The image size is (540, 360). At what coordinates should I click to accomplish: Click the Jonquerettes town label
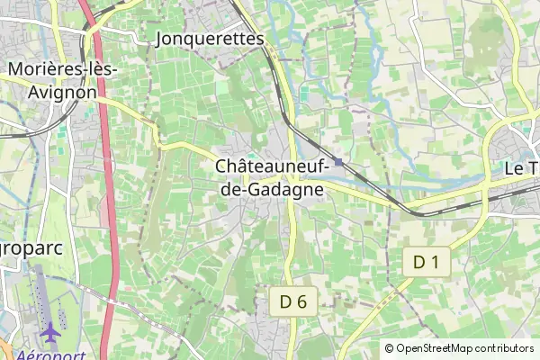coord(210,39)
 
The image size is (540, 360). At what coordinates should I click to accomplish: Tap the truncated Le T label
coord(519,168)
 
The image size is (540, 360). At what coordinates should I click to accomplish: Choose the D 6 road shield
coord(293,302)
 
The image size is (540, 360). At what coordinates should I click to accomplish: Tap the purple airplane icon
coord(50,332)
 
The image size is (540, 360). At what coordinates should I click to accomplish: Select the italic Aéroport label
coord(45,355)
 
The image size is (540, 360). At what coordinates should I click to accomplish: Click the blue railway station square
coord(337,162)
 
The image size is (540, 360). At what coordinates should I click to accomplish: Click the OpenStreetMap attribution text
coord(464,348)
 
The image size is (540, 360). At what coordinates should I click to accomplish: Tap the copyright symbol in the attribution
coord(389,348)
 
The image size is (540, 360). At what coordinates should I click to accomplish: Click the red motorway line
coord(108,225)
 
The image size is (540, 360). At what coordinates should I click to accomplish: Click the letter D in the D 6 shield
coord(286,302)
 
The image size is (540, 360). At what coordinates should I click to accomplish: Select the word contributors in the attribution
coord(505,348)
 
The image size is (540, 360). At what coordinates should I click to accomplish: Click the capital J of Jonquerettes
coord(161,39)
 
